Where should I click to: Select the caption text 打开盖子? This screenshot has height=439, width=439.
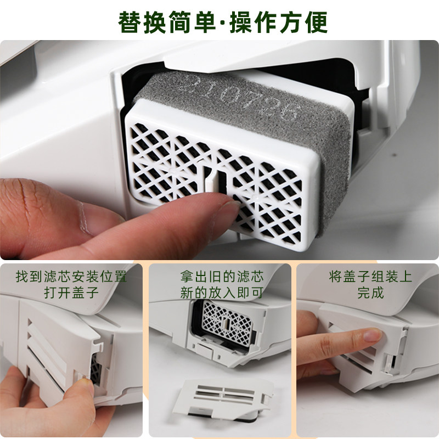click(71, 292)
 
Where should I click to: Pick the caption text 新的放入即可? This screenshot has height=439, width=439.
click(219, 292)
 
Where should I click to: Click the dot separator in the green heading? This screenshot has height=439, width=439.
click(225, 23)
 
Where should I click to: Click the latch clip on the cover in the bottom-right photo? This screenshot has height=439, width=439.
click(391, 362)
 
